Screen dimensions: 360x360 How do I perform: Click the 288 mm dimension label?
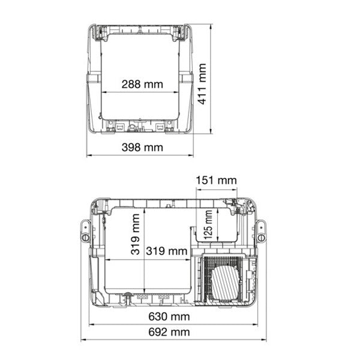142,84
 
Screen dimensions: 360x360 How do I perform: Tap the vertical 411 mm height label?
202,84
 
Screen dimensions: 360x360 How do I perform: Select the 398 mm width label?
142,148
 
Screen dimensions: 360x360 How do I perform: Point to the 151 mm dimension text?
216,180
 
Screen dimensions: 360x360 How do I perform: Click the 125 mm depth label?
208,224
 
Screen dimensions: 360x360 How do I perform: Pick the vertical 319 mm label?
136,234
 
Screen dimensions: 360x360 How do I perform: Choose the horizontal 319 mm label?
167,251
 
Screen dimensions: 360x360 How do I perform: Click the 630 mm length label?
169,317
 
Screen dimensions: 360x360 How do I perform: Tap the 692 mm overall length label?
169,332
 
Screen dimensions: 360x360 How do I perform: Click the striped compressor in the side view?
226,283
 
